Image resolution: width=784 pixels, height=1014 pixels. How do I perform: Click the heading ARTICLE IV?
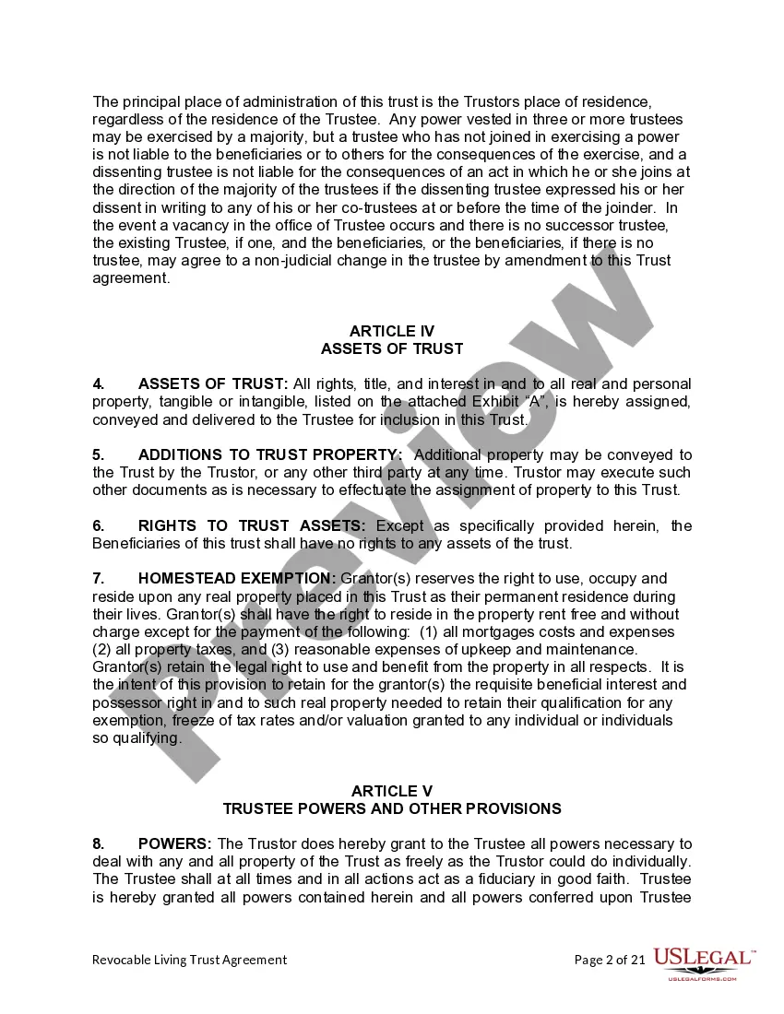pyautogui.click(x=392, y=331)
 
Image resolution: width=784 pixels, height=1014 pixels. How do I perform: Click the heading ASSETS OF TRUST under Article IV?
pyautogui.click(x=392, y=348)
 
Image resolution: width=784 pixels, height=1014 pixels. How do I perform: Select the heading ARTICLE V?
pyautogui.click(x=392, y=791)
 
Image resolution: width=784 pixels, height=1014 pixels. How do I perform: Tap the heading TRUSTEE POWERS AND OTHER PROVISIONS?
pyautogui.click(x=392, y=808)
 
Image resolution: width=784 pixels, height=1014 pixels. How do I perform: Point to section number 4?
pyautogui.click(x=98, y=383)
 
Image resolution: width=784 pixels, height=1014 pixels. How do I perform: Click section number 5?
pyautogui.click(x=98, y=454)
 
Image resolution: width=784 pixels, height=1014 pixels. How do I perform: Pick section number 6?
pyautogui.click(x=98, y=525)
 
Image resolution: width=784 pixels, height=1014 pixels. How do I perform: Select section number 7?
pyautogui.click(x=98, y=579)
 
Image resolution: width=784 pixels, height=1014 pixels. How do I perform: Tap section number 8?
pyautogui.click(x=98, y=844)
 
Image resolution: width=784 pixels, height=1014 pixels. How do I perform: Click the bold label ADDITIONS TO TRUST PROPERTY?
pyautogui.click(x=270, y=454)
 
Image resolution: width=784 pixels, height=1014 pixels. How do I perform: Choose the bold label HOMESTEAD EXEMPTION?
pyautogui.click(x=237, y=579)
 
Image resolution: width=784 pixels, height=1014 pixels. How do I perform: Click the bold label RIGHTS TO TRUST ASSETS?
pyautogui.click(x=252, y=525)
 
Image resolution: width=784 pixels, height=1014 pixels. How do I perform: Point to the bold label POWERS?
pyautogui.click(x=175, y=844)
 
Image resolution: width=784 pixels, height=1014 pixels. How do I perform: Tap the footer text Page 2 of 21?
pyautogui.click(x=609, y=960)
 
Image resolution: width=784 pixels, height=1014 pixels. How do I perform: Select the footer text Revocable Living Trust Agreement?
pyautogui.click(x=189, y=960)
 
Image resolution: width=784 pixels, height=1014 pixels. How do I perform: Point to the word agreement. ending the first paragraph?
pyautogui.click(x=131, y=278)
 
